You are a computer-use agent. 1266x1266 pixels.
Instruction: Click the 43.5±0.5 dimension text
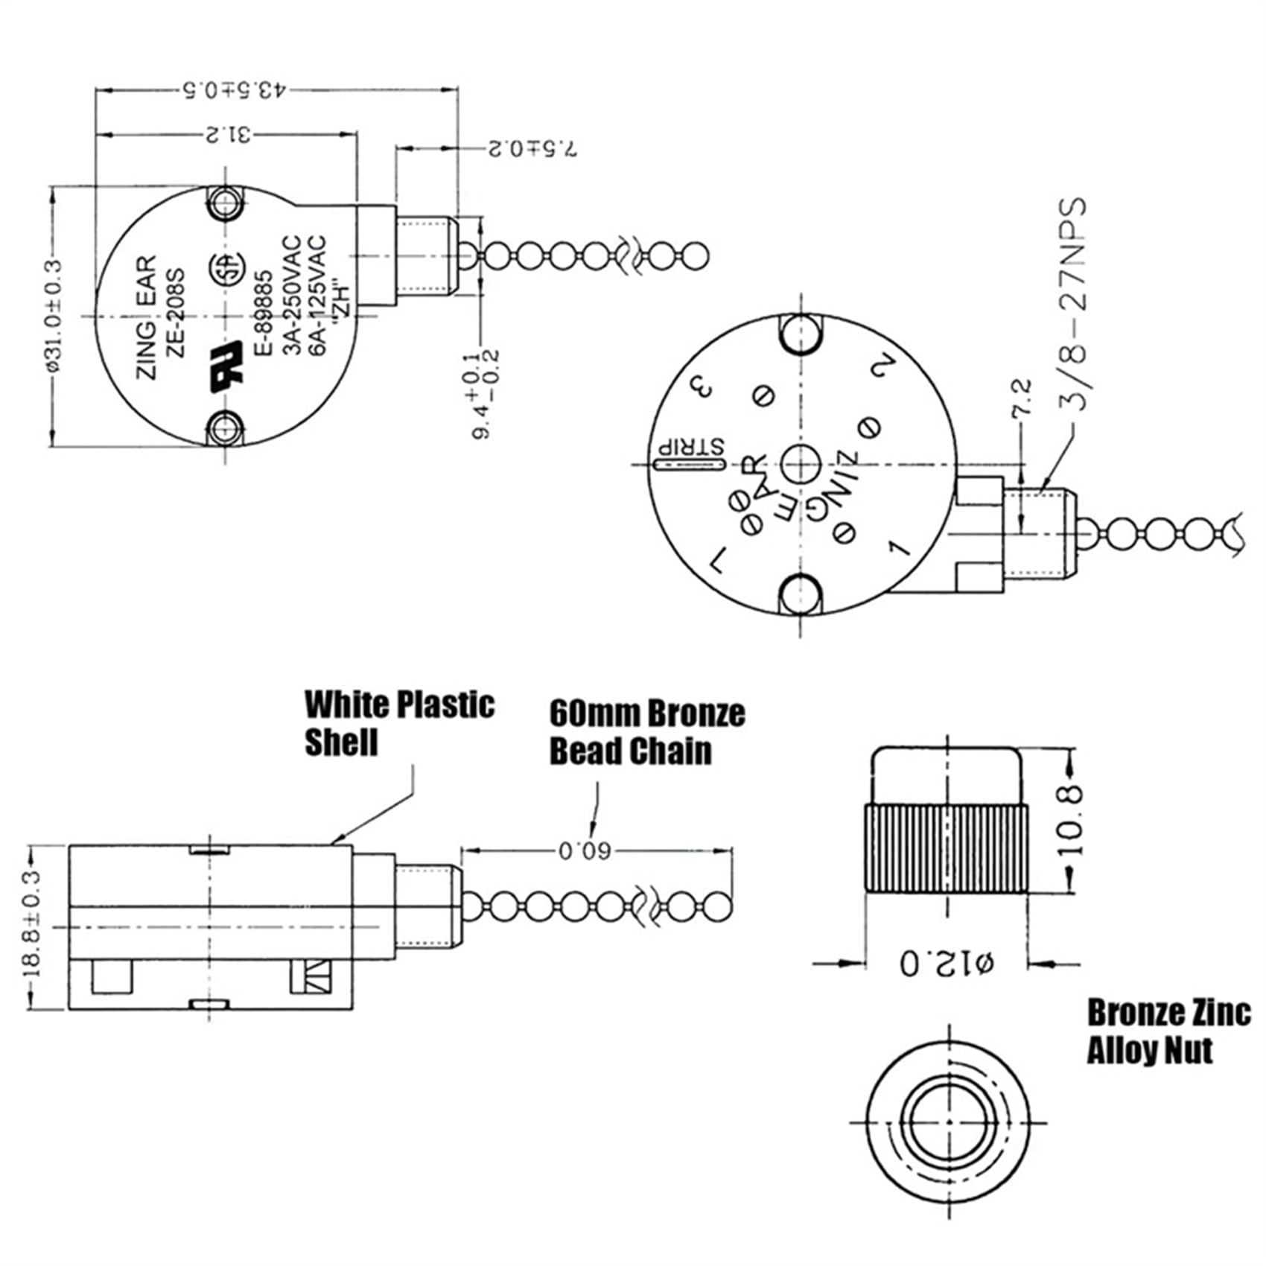point(233,90)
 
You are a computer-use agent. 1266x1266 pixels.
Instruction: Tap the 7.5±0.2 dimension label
point(532,148)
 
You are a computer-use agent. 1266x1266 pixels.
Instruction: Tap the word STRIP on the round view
point(689,448)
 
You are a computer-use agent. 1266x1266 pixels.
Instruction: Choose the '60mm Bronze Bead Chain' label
point(646,732)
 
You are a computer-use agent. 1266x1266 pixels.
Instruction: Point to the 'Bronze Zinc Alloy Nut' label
point(1168,1031)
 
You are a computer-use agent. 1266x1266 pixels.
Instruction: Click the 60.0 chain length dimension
point(585,850)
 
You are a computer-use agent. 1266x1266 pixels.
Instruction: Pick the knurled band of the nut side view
point(946,848)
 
